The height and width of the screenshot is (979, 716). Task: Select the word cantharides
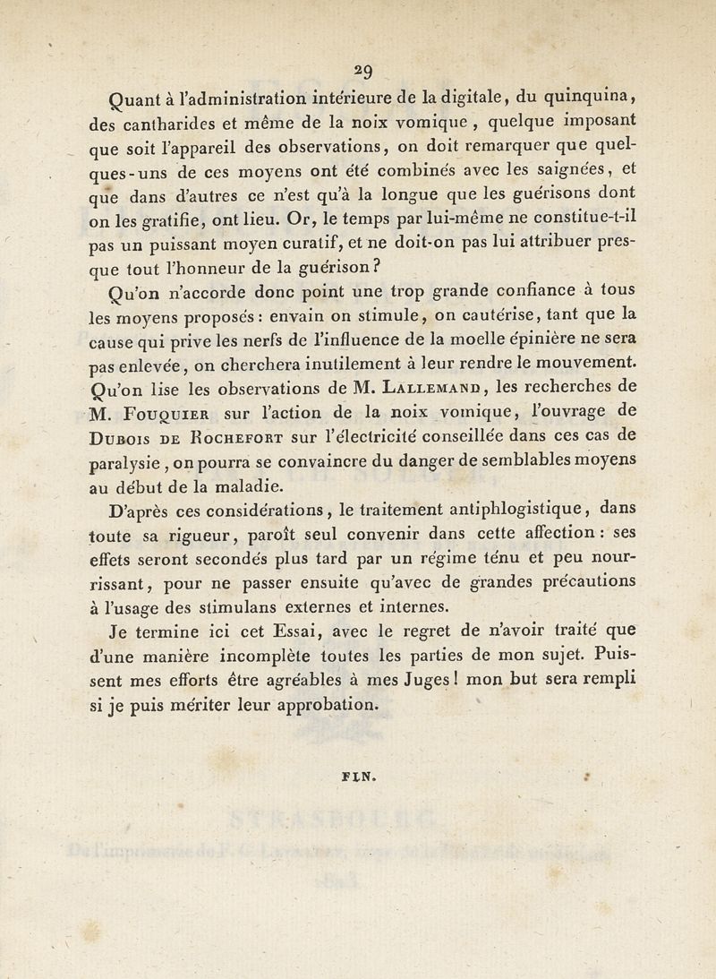point(169,124)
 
